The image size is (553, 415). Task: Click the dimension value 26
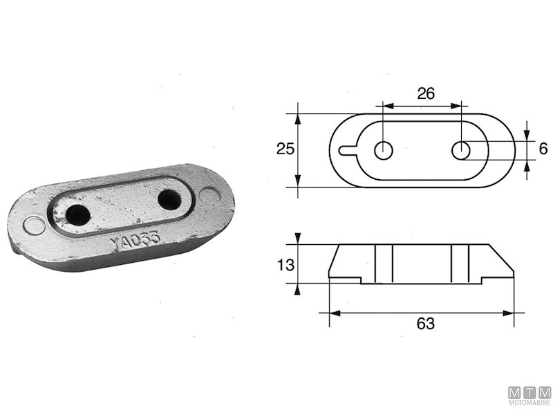pos(426,93)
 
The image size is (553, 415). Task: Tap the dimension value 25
pos(285,148)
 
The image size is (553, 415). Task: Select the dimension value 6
pos(543,148)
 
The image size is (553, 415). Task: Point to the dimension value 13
pos(285,264)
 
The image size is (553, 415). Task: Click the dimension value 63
pos(426,324)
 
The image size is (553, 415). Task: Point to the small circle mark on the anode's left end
pos(31,225)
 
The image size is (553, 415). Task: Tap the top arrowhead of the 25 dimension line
pos(298,118)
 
